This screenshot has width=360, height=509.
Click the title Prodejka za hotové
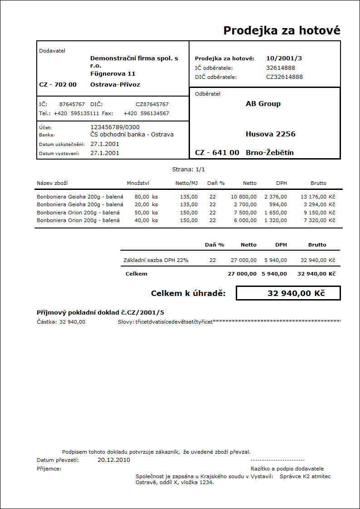(282, 30)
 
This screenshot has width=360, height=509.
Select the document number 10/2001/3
(284, 58)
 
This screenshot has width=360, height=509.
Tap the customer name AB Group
(263, 104)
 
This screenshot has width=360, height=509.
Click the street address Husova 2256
(270, 134)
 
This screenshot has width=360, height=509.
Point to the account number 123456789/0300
(115, 127)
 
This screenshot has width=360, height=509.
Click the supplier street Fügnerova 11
(112, 73)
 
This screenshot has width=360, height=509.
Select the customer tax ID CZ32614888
(284, 77)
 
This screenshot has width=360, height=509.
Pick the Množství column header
(138, 183)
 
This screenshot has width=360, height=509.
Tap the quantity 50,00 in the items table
(142, 213)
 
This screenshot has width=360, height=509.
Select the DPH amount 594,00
(278, 204)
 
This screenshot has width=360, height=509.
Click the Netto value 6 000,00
(245, 220)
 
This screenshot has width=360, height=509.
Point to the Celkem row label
(136, 274)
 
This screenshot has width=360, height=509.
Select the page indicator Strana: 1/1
(189, 169)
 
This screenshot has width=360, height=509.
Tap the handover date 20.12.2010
(114, 460)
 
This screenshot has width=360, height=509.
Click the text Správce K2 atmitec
(305, 476)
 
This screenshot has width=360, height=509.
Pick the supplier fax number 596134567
(155, 113)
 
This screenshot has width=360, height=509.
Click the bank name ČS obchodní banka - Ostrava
(132, 135)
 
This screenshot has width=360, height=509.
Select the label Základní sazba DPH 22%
(156, 260)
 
